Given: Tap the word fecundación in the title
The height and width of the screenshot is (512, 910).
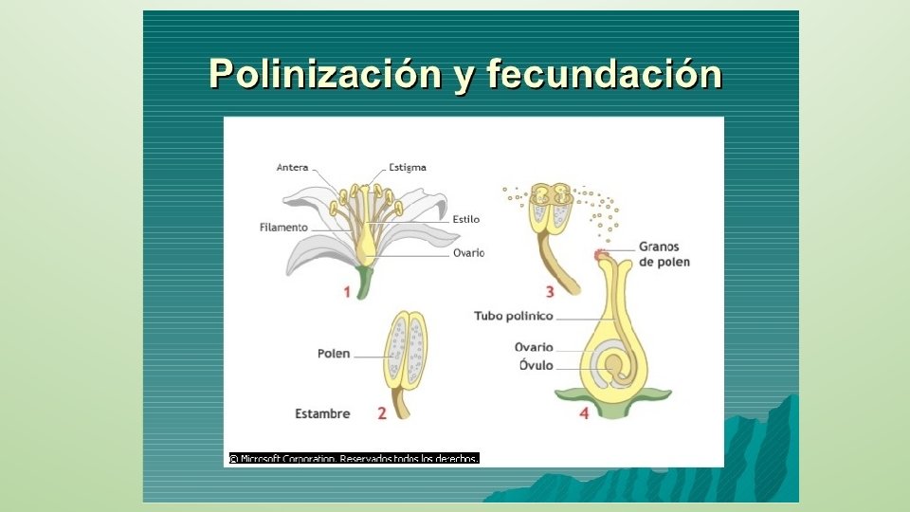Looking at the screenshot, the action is click(x=603, y=74).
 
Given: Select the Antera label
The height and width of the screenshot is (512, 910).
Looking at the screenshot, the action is click(x=293, y=168).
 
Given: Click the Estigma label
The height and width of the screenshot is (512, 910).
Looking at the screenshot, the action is click(x=408, y=168).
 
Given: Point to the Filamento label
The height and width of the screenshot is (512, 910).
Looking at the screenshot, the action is click(x=283, y=228).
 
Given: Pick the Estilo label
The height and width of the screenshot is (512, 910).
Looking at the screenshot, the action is click(x=465, y=219).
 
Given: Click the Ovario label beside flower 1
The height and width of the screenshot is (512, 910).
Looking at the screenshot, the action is click(x=468, y=253).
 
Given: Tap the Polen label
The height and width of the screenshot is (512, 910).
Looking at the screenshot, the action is click(x=334, y=354).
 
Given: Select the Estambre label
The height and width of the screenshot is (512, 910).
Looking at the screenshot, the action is click(x=322, y=413).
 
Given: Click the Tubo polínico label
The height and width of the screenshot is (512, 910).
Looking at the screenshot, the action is click(x=514, y=316).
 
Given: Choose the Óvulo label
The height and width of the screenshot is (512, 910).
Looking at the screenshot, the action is click(x=536, y=366).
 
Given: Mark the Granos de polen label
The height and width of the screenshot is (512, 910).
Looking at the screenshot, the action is click(x=664, y=254).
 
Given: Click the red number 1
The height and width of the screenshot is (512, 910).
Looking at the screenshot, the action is click(x=347, y=292).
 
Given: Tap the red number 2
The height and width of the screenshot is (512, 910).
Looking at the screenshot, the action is click(x=382, y=413).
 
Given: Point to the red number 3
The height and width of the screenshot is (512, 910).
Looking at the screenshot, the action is click(x=549, y=292).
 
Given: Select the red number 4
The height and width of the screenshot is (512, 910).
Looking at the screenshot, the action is click(x=584, y=413).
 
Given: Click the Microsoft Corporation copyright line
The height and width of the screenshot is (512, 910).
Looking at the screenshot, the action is click(x=353, y=459).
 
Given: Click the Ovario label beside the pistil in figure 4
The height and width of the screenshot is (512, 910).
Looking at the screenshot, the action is click(x=534, y=347).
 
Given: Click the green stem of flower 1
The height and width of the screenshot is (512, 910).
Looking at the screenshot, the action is click(x=364, y=282).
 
